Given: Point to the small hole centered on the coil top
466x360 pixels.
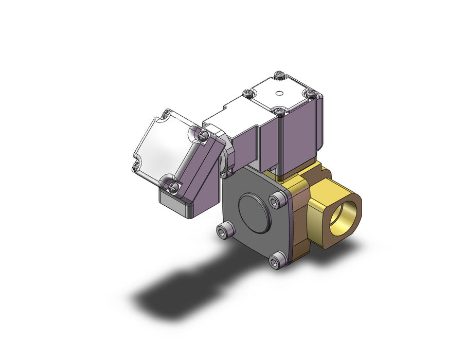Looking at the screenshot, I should point(278,93).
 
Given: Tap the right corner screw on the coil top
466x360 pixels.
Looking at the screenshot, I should point(310,94).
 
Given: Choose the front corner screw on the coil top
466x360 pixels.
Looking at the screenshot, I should point(278,110).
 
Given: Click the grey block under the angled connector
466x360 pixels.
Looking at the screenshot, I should point(175,205).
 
